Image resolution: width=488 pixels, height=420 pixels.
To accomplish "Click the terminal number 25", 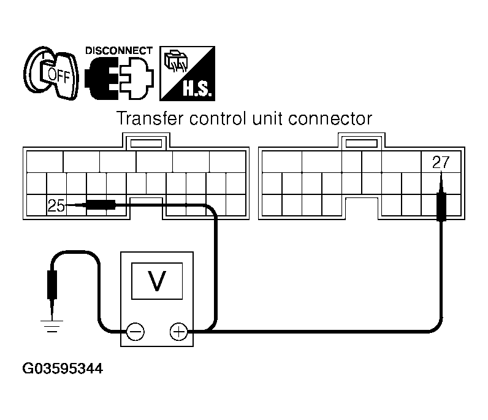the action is coord(56,207).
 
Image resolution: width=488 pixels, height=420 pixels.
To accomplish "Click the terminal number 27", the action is coord(441,163).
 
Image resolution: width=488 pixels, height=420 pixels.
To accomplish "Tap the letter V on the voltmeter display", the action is coord(157,280).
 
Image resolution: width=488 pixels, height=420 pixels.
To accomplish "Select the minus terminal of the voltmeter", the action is coord(135,332).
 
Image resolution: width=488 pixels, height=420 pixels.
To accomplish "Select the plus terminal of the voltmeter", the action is coord(178,332).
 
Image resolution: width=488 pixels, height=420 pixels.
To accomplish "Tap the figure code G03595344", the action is coord(63,370).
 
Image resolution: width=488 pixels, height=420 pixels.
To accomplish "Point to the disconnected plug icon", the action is coord(118,78).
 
